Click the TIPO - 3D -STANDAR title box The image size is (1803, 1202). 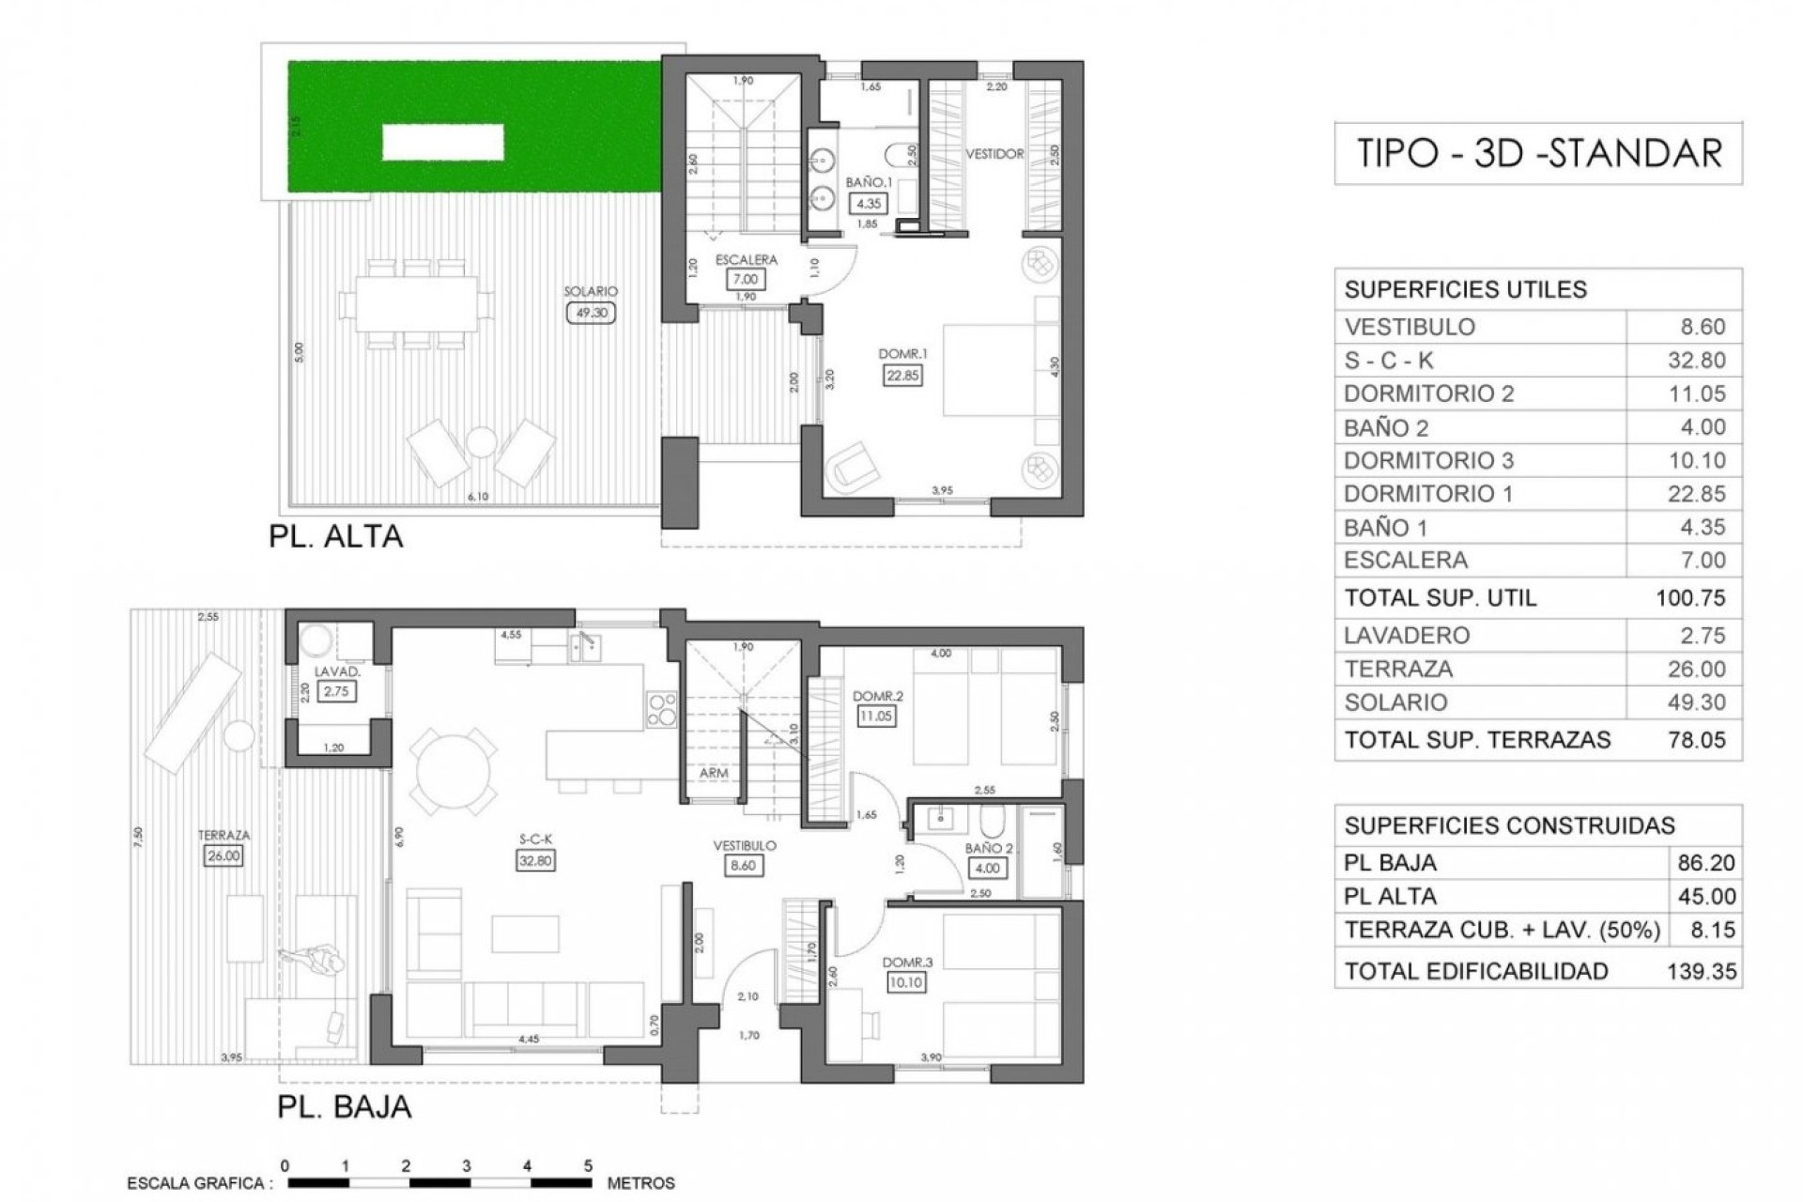pos(1538,152)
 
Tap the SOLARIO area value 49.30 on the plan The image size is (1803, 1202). pos(591,313)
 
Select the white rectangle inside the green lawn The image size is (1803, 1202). pos(442,143)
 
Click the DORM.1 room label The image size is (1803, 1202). pos(902,354)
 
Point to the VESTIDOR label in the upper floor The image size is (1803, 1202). pos(994,154)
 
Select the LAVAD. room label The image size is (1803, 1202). pos(336,672)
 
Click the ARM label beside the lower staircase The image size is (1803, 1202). pos(714,773)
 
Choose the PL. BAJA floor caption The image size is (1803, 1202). pos(344,1106)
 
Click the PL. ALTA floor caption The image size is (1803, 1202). pos(335,536)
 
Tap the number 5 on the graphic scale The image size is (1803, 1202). pos(588,1166)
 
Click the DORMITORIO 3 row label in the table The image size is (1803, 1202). pos(1427,460)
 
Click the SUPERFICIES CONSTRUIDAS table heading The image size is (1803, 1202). pos(1509,825)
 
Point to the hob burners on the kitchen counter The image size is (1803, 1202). pos(661,708)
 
